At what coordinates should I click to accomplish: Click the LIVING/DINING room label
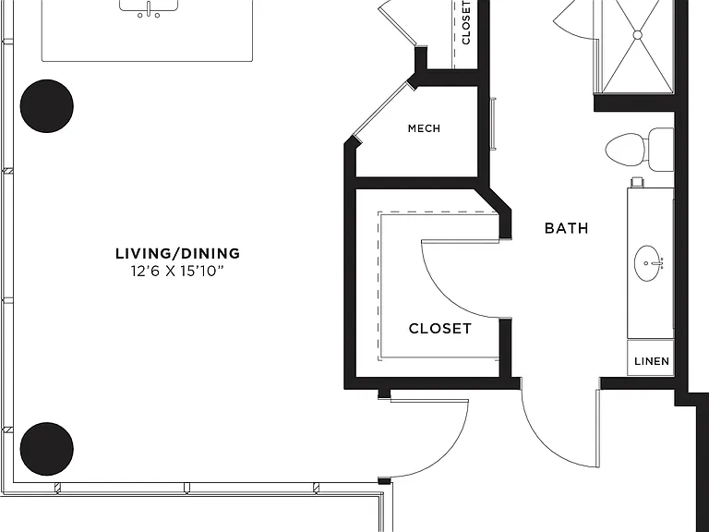177,253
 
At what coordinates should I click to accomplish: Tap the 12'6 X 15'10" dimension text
177,272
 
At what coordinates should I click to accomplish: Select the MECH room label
424,128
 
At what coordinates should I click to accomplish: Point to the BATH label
567,228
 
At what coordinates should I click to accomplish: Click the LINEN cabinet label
652,361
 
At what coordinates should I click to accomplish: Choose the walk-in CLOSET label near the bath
440,329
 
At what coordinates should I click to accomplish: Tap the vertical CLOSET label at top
466,22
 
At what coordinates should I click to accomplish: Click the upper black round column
46,106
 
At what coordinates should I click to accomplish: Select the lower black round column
46,449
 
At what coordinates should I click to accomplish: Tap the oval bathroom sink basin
649,263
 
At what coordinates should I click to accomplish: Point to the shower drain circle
638,35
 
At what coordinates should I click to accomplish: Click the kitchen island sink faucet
149,9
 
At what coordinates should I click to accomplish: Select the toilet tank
661,150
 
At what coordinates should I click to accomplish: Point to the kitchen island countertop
147,30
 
